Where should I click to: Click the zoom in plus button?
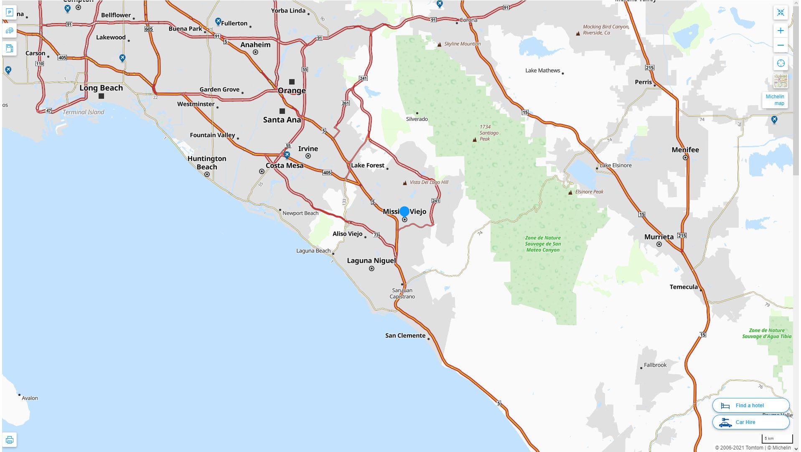tap(780, 31)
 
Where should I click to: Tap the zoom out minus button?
tap(780, 45)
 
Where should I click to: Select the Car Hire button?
tap(750, 422)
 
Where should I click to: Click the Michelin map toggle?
tap(775, 100)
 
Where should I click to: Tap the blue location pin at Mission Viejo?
tap(404, 212)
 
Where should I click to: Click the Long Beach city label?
tap(101, 88)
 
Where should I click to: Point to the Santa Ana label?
tap(282, 120)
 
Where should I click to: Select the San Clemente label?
tap(405, 335)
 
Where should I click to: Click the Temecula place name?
tap(684, 287)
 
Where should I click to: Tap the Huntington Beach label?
tap(207, 162)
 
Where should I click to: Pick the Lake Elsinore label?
tap(615, 165)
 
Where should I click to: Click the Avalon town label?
tap(30, 398)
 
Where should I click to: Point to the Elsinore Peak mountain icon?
tap(570, 193)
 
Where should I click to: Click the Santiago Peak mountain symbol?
tap(474, 140)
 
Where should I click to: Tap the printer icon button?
tap(9, 440)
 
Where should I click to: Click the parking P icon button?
tap(9, 13)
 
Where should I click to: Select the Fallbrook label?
tap(655, 365)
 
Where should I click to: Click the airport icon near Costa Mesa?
tap(287, 155)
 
